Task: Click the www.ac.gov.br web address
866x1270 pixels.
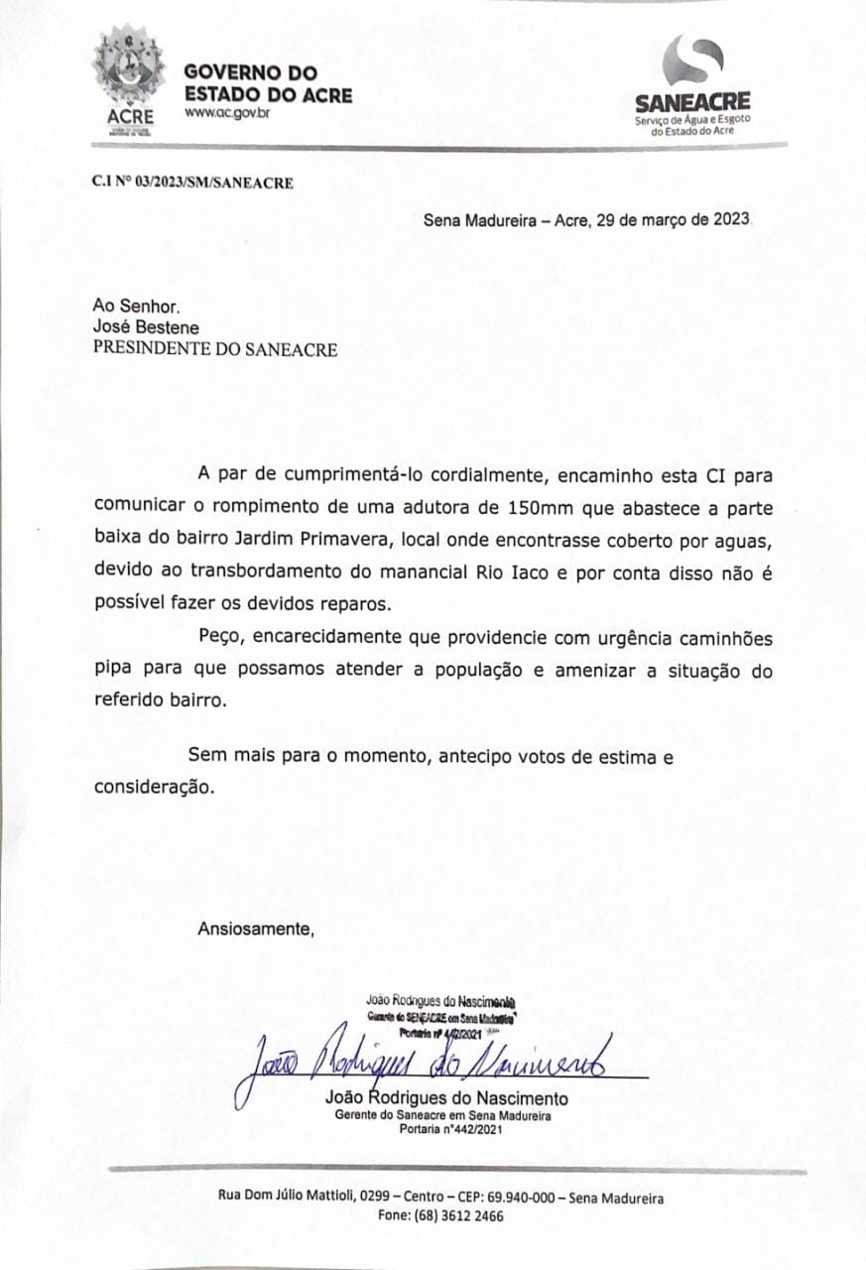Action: pyautogui.click(x=227, y=114)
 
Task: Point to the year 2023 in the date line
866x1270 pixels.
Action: pyautogui.click(x=732, y=220)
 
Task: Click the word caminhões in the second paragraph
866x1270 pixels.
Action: pyautogui.click(x=711, y=637)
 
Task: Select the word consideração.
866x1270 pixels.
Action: pyautogui.click(x=153, y=788)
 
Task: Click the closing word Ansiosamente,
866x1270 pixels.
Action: pyautogui.click(x=255, y=930)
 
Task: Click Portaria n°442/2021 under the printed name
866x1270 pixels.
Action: pyautogui.click(x=445, y=1129)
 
